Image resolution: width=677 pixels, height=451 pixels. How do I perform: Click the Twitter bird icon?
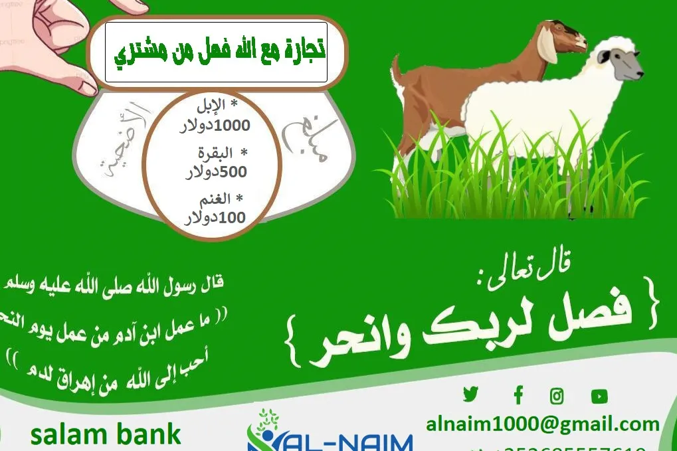[x=470, y=395]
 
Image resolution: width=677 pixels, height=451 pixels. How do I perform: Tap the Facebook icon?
[x=518, y=396]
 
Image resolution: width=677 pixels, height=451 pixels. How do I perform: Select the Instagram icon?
[x=557, y=397]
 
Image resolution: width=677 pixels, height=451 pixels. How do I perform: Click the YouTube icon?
[x=599, y=397]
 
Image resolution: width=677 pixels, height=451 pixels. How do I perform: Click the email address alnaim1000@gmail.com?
[x=543, y=424]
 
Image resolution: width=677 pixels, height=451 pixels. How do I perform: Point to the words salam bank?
[x=106, y=434]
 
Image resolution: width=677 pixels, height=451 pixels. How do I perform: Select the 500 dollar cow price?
[x=216, y=172]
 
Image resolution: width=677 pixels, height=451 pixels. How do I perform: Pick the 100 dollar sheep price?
[x=214, y=217]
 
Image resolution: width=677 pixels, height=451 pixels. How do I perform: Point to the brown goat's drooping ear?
[x=548, y=46]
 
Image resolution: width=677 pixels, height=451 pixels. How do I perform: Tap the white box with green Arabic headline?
[x=216, y=52]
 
